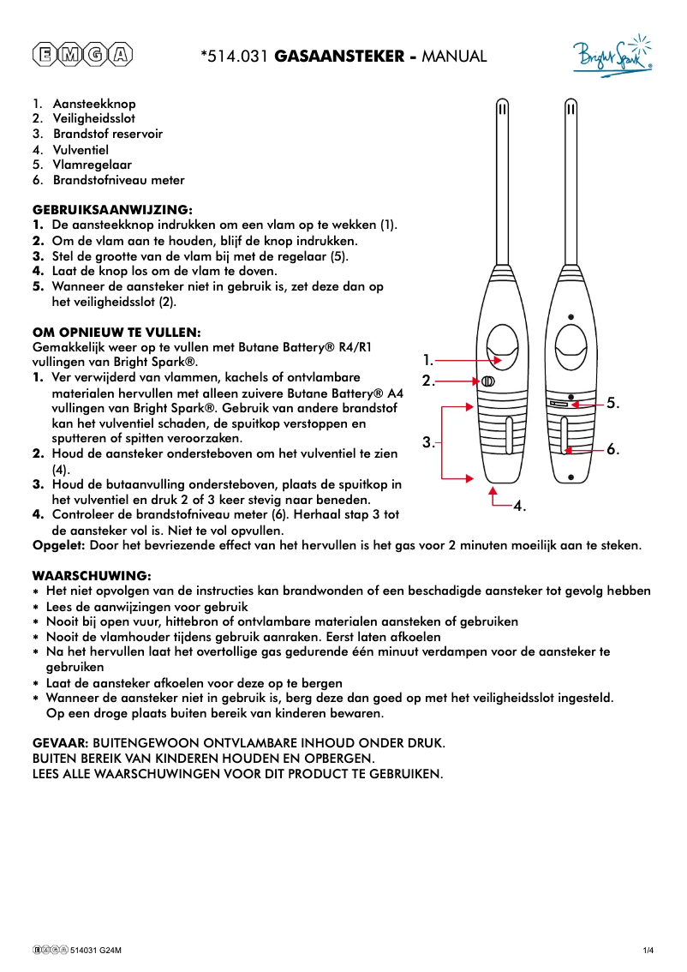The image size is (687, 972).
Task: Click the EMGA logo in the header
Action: click(x=83, y=56)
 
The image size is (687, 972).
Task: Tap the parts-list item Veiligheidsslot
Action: click(x=93, y=118)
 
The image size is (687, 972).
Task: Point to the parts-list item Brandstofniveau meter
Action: click(x=118, y=180)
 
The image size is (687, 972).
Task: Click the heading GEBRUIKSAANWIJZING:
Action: click(x=112, y=209)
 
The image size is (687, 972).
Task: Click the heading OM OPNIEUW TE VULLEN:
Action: click(x=116, y=332)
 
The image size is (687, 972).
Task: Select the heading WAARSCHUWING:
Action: click(x=92, y=575)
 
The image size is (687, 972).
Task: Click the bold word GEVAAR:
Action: click(x=60, y=742)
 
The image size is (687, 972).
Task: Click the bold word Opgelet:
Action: click(x=57, y=544)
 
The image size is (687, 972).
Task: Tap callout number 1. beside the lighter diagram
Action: click(x=428, y=361)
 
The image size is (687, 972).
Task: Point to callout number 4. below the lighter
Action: click(x=519, y=507)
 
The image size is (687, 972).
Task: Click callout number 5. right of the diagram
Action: click(x=612, y=402)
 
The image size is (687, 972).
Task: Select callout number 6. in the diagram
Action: click(x=612, y=448)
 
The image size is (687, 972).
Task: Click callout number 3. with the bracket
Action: click(x=428, y=442)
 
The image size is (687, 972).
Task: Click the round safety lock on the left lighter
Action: click(x=487, y=381)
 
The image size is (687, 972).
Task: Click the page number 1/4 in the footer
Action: click(x=648, y=950)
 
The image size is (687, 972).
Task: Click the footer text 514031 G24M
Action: click(x=96, y=950)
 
